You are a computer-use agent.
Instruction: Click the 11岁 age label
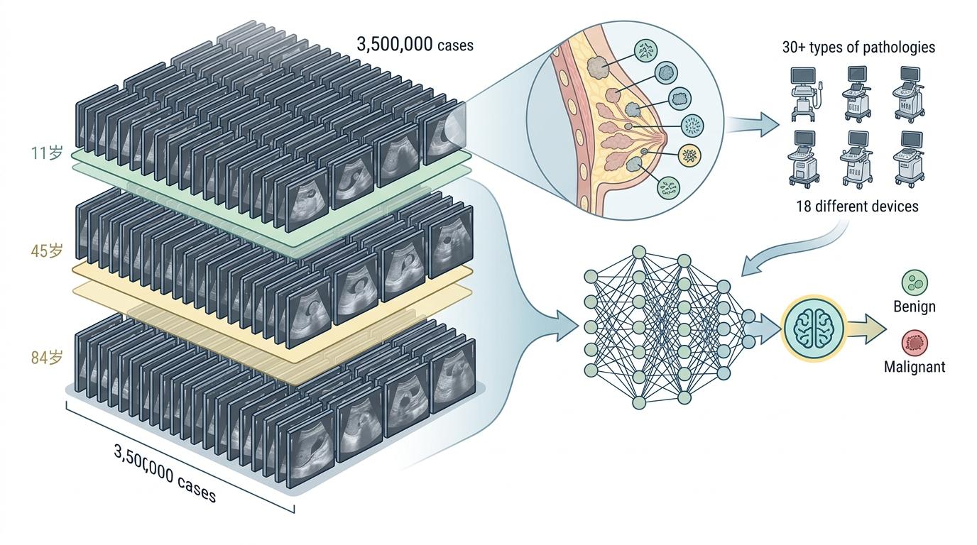(x=48, y=153)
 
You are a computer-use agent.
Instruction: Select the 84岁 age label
(x=48, y=358)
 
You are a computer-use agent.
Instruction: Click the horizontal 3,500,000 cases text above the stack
(x=415, y=45)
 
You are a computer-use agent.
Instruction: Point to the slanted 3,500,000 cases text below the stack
(x=164, y=473)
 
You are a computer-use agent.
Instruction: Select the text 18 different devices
(x=857, y=207)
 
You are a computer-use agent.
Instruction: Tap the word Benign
(x=914, y=307)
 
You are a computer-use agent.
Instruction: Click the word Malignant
(x=915, y=367)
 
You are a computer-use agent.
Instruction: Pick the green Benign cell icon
(x=915, y=283)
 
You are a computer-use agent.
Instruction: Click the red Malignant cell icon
(x=915, y=343)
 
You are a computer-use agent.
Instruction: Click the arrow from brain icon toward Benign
(x=865, y=328)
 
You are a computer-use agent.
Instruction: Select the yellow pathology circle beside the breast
(x=688, y=155)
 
